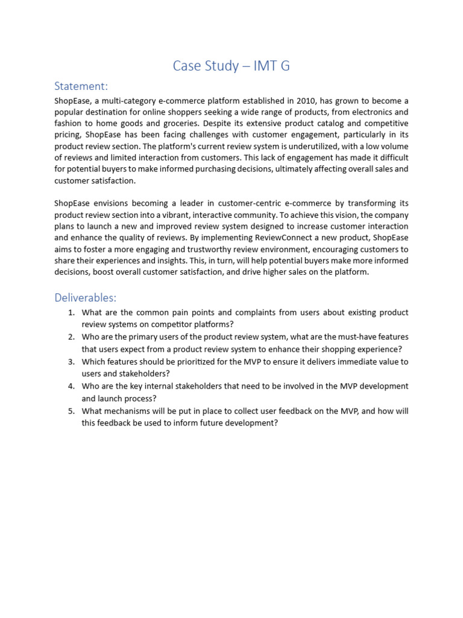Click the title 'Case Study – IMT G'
click(231, 66)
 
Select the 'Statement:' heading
click(81, 86)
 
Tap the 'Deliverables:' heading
click(85, 298)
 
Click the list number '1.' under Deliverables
click(71, 313)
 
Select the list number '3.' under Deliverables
click(71, 362)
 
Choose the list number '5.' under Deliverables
click(71, 412)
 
